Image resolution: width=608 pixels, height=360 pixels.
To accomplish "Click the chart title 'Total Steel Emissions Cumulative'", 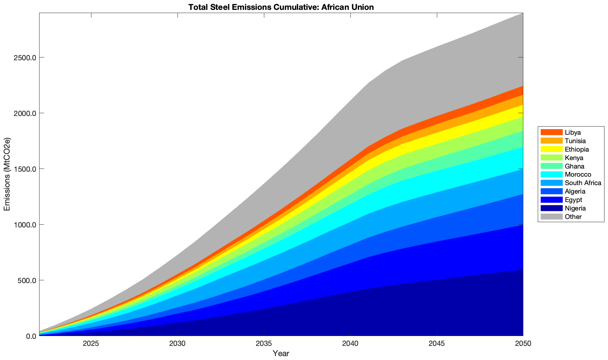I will [x=281, y=7].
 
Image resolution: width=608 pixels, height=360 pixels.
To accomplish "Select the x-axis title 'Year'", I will [x=281, y=353].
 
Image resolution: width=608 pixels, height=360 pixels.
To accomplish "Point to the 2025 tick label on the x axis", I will [x=91, y=344].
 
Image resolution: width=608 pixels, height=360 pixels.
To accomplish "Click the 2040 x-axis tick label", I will [x=350, y=344].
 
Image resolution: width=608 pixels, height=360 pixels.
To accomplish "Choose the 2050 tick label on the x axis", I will [x=523, y=344].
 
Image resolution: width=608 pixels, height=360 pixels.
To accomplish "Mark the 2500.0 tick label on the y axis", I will [x=26, y=57].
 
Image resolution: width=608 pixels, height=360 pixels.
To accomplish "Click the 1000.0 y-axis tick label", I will [x=26, y=225].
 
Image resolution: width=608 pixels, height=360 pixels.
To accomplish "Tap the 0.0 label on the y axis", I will [x=31, y=336].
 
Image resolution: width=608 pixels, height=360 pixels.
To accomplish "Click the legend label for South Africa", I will [x=583, y=183].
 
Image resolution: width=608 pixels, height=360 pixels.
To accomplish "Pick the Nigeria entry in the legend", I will [x=575, y=208].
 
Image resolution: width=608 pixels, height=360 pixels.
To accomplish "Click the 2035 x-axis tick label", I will [x=264, y=344].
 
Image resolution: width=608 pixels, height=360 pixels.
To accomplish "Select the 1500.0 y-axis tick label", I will [x=26, y=169].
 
